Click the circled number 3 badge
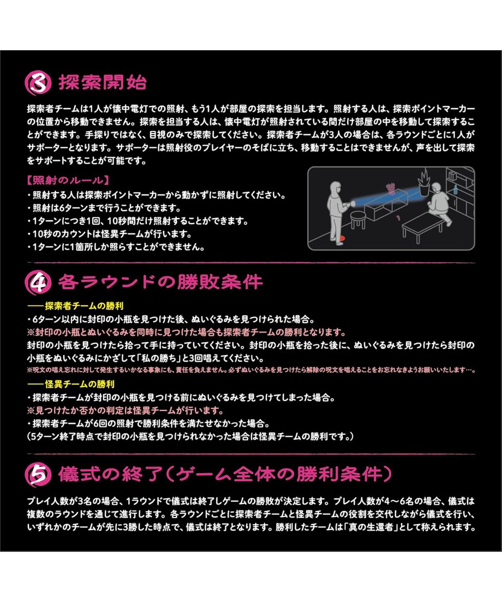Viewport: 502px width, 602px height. pos(38,82)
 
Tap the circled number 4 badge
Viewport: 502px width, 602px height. pos(38,283)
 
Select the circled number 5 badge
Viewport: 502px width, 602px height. pos(38,474)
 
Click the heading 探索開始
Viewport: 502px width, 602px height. pos(103,82)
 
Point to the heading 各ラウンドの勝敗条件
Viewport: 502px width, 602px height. pos(160,282)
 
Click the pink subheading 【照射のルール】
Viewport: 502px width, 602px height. pos(68,180)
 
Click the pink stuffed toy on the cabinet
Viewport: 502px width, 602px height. pos(391,189)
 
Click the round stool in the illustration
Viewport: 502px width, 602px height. pos(358,219)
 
